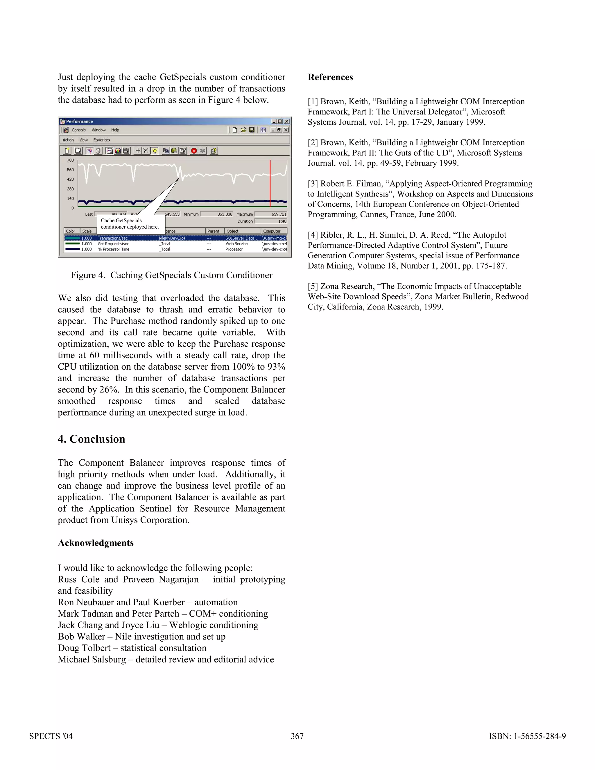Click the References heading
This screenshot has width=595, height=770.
tap(330, 77)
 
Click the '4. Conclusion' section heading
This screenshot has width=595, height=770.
tap(91, 439)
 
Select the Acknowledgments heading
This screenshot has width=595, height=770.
tap(96, 543)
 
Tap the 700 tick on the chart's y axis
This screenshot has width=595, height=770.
tap(71, 160)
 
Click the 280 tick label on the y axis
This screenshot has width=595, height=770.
tap(71, 189)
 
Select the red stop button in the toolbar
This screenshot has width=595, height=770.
tap(194, 151)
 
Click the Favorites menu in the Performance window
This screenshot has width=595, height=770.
tap(101, 140)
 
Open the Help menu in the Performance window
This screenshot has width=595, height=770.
tap(115, 130)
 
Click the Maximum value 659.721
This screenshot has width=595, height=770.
tap(278, 214)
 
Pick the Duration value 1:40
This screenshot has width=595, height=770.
tap(282, 221)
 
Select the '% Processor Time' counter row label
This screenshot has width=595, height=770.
tap(114, 249)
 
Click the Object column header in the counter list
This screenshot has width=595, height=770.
tap(233, 231)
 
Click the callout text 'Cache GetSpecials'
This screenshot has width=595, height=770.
tap(121, 220)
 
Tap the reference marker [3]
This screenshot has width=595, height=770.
tap(313, 184)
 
